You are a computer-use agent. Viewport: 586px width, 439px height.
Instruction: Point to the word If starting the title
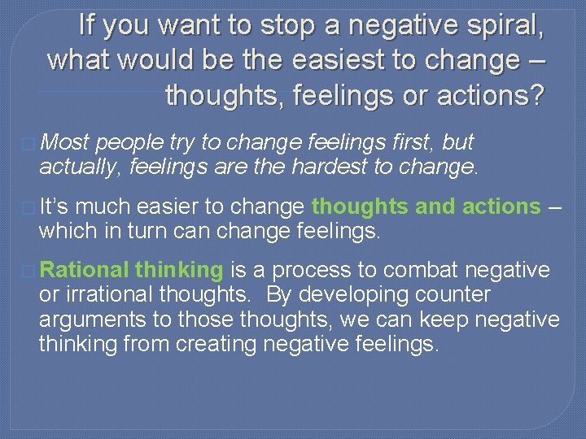pos(89,25)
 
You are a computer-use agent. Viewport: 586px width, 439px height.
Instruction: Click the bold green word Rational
pos(84,270)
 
